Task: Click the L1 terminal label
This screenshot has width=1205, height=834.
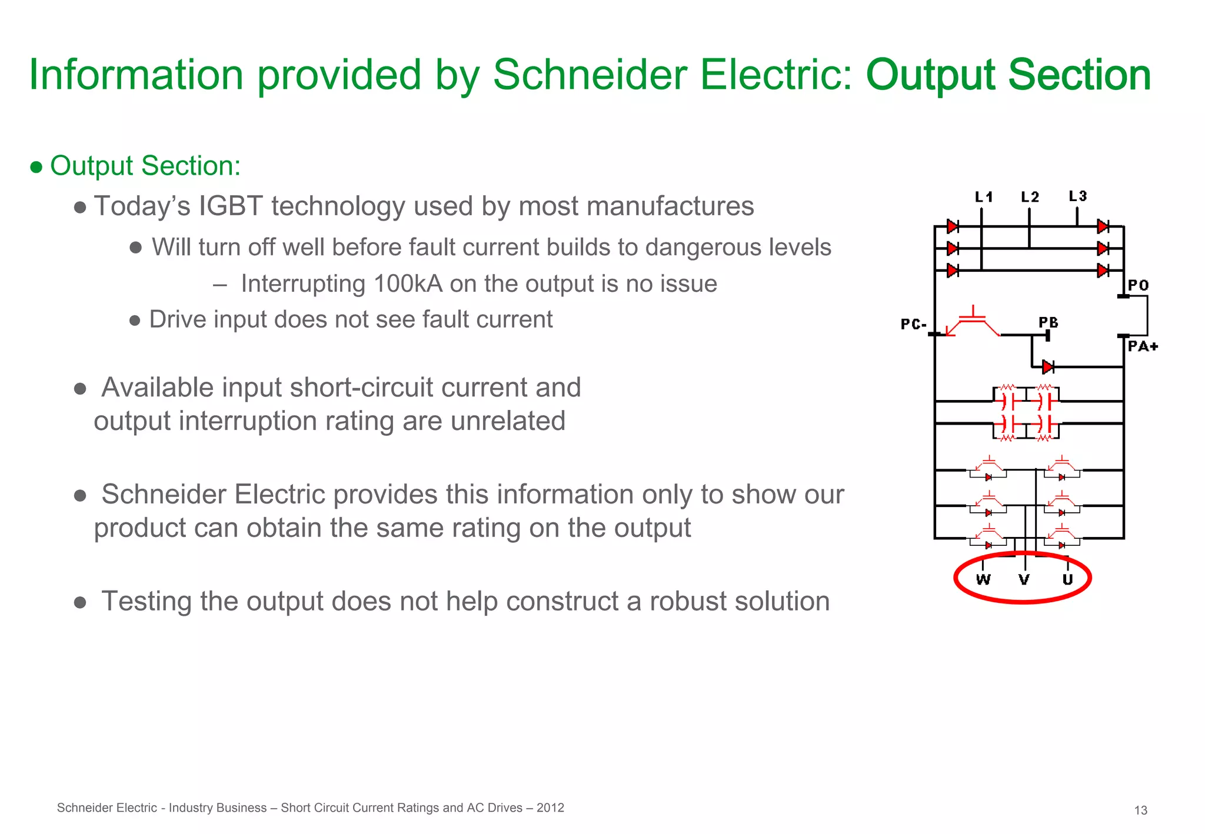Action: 983,197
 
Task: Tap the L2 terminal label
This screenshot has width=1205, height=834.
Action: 1030,197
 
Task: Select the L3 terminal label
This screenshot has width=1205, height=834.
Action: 1077,196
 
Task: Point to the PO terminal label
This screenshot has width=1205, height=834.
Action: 1138,285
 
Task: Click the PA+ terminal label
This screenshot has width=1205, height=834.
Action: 1143,346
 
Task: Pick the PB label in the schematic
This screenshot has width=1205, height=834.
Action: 1048,322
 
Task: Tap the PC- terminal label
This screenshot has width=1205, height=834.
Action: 913,324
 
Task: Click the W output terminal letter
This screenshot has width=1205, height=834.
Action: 983,580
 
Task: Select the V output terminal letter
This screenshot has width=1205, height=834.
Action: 1024,580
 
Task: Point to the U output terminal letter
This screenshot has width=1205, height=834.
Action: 1067,580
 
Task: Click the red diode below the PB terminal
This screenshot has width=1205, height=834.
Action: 1048,367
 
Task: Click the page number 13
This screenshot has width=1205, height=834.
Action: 1140,810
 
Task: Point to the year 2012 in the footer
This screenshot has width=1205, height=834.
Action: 550,808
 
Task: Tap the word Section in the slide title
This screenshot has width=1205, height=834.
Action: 1079,75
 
